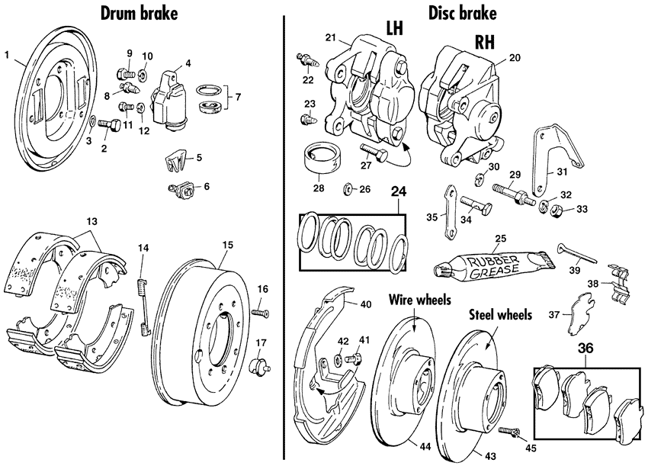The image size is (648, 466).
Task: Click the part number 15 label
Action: coord(227,245)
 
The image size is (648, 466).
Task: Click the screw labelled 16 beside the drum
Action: coord(260,312)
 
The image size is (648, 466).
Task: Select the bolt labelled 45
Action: coord(513,434)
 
